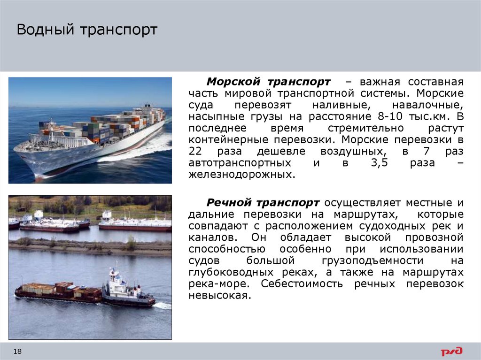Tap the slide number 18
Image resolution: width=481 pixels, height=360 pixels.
pyautogui.click(x=18, y=352)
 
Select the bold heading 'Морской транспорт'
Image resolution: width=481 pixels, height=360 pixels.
pyautogui.click(x=269, y=81)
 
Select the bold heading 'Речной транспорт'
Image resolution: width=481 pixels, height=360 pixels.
pyautogui.click(x=264, y=202)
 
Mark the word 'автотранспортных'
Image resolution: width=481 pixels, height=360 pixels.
pyautogui.click(x=238, y=163)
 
